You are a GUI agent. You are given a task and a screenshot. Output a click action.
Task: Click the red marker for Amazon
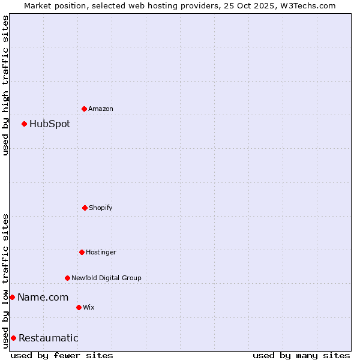[x=84, y=109]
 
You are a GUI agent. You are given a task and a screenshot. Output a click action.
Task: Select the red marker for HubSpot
[x=24, y=124]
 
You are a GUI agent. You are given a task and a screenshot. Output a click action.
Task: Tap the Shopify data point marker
[x=85, y=208]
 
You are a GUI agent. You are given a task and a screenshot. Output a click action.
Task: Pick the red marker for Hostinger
[x=82, y=252]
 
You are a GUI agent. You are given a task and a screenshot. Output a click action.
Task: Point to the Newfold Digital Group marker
[x=67, y=278]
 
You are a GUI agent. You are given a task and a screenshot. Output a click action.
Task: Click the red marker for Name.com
[x=12, y=297]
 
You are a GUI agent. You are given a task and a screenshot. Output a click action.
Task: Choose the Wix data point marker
[x=79, y=307]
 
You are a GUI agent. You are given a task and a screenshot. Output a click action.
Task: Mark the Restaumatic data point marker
[x=13, y=338]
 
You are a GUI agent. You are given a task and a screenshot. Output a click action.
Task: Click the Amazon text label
[x=101, y=109]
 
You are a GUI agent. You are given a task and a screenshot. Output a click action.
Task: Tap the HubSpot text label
[x=50, y=124]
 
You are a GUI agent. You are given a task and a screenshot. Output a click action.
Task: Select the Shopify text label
[x=101, y=208]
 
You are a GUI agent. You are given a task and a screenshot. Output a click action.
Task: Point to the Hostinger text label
[x=101, y=252]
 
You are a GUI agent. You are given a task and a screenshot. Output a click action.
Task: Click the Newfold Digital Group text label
[x=106, y=278]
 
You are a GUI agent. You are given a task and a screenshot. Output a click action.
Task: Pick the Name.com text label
[x=43, y=297]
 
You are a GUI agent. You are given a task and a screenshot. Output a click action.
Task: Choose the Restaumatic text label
[x=48, y=338]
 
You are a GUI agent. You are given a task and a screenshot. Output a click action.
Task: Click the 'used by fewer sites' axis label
[x=62, y=355]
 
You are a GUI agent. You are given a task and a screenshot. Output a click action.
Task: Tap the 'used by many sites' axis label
[x=301, y=355]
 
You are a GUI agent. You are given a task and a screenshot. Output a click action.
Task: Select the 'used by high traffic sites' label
[x=5, y=85]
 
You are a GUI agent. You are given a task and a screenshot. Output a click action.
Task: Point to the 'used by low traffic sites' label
[x=5, y=281]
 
